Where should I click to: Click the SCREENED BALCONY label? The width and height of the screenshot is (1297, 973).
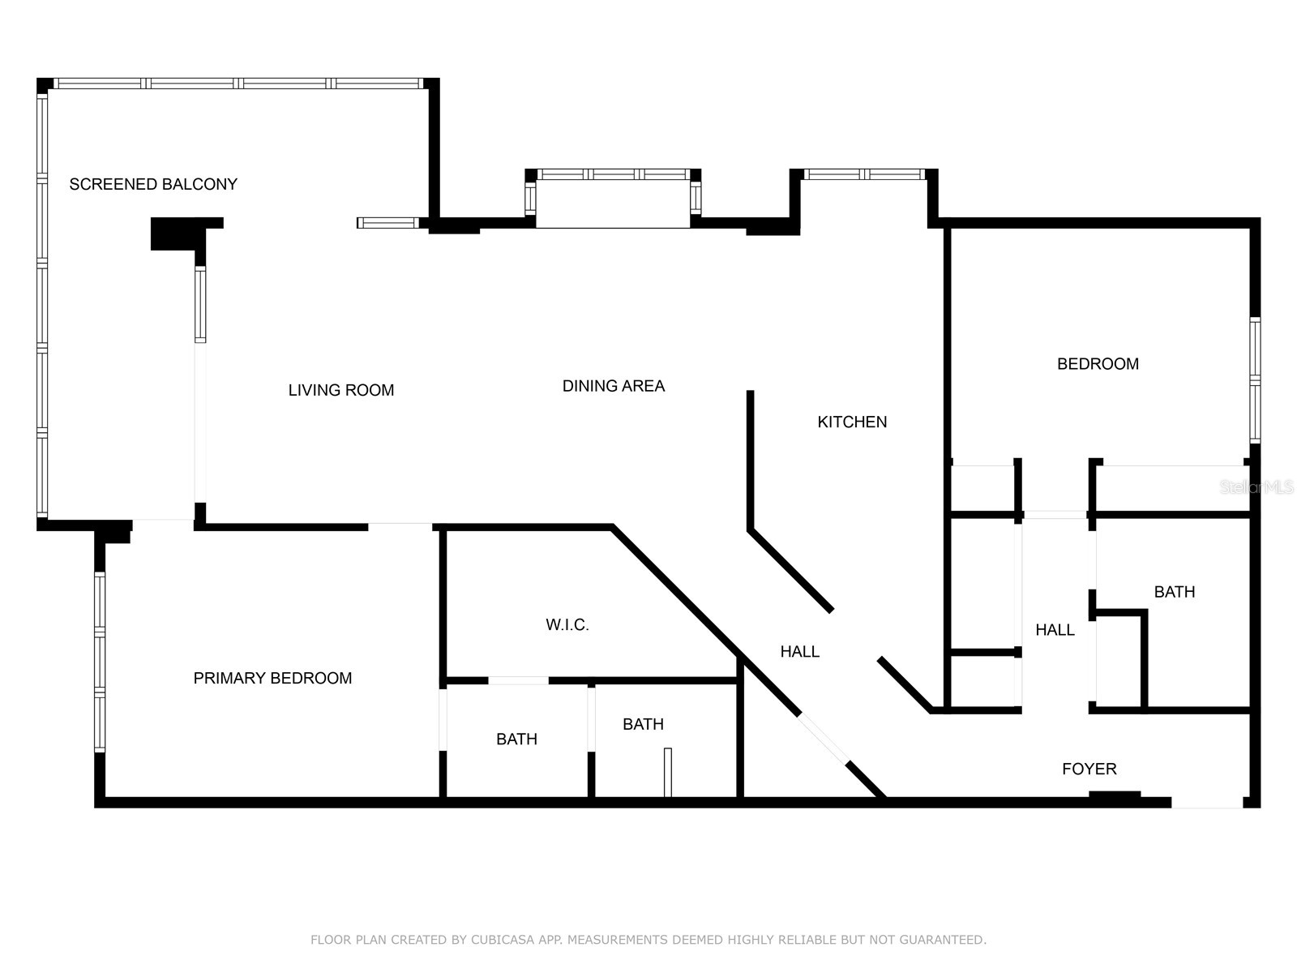153,184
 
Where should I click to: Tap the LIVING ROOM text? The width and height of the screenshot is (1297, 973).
340,390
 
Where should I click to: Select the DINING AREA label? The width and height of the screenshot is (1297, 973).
613,386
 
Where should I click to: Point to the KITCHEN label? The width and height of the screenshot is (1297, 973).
851,422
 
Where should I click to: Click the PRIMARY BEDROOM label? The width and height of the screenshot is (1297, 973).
272,678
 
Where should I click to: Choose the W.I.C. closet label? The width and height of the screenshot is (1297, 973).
567,624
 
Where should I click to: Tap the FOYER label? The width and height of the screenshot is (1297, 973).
1089,769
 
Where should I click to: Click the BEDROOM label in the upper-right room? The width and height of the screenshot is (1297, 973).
1098,364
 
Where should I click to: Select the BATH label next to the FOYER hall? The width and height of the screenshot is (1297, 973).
1174,592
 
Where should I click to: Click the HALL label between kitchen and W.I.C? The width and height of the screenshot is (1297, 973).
799,651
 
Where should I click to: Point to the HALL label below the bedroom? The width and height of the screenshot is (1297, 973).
1055,630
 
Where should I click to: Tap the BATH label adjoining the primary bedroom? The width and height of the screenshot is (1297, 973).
516,739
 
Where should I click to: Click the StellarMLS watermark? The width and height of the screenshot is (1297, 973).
1256,487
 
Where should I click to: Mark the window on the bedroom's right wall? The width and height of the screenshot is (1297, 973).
1255,379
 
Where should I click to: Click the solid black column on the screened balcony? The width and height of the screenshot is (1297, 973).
174,234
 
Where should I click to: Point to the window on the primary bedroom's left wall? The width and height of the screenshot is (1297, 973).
100,661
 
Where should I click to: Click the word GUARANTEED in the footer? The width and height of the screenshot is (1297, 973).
940,940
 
